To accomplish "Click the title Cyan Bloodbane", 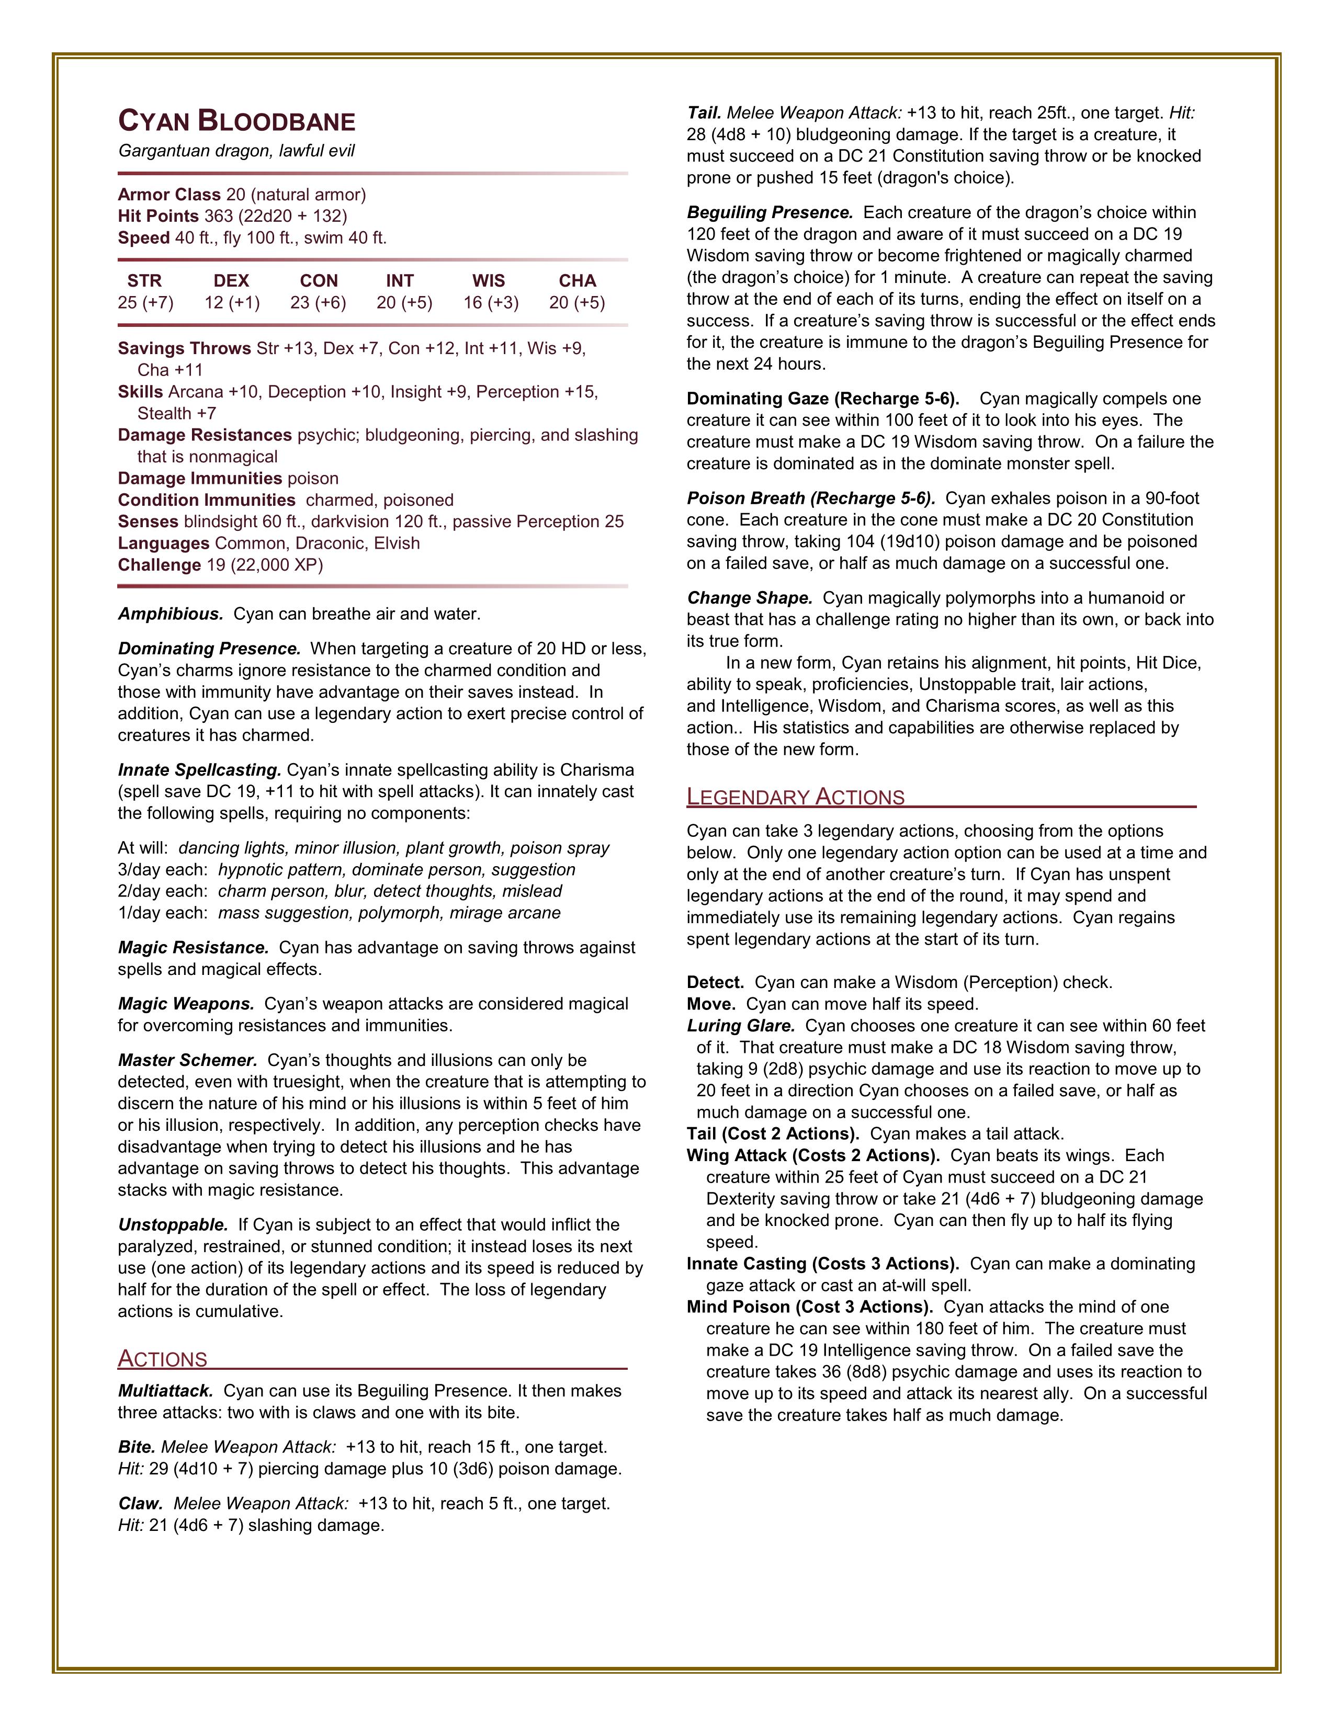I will [236, 121].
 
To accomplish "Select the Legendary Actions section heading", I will [795, 797].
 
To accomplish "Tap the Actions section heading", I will [163, 1358].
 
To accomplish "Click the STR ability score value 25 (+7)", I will [145, 303].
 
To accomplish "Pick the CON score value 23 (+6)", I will [319, 303].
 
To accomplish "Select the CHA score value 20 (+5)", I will [577, 303].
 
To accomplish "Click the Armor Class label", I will [169, 195].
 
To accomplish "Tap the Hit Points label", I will [158, 215].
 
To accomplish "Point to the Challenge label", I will [159, 565].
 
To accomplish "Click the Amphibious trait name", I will [171, 614].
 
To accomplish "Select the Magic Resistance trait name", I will [194, 948].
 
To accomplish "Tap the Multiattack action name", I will [166, 1391].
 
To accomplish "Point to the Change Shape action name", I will [749, 598].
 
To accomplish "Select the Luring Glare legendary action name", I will [740, 1026].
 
